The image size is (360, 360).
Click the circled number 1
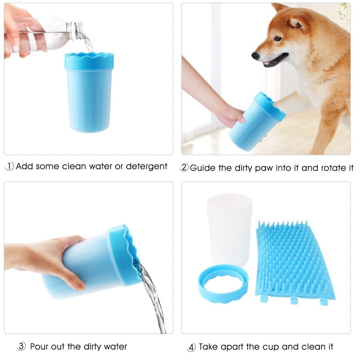point(9,166)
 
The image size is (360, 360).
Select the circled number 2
point(184,167)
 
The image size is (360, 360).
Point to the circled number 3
point(21,346)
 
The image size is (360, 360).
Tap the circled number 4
point(191,347)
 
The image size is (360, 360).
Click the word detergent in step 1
point(147,166)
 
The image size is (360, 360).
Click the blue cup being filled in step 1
point(89,92)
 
